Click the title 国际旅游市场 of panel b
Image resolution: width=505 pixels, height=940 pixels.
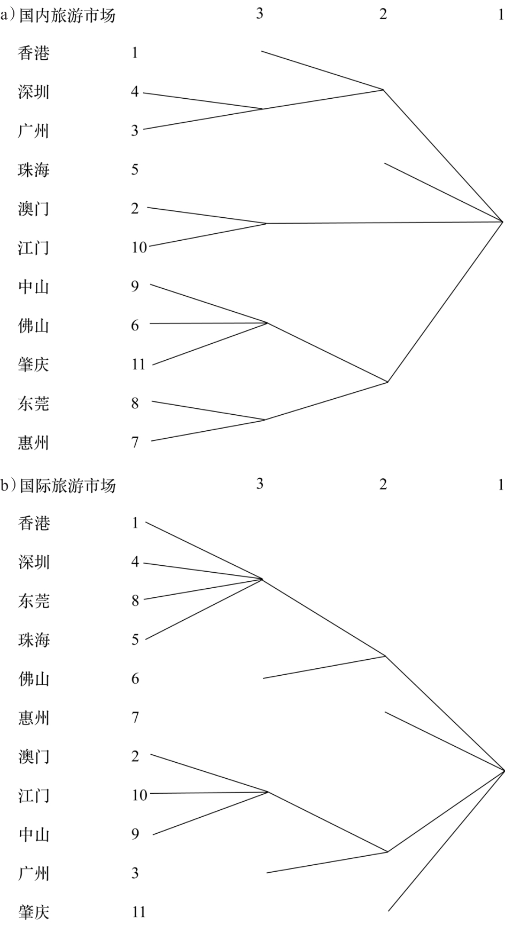pos(67,486)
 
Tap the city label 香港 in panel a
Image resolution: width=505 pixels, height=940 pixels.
pos(34,53)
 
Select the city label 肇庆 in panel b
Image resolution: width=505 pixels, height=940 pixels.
pos(34,912)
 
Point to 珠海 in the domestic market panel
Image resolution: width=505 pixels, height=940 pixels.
pos(34,170)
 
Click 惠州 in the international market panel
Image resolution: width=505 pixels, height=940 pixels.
pos(34,717)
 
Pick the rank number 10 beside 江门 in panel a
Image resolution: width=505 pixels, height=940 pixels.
pos(139,248)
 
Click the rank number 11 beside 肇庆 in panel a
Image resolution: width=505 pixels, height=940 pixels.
pos(138,365)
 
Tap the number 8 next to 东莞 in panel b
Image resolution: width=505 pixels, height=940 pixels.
pos(135,601)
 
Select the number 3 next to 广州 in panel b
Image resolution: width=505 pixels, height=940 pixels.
pos(135,873)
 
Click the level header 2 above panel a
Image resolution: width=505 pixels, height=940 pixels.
pos(383,14)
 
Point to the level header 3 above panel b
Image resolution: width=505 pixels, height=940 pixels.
pos(260,484)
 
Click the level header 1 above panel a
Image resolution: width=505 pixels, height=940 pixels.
pos(501,14)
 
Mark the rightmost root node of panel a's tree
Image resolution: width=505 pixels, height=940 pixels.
pos(502,221)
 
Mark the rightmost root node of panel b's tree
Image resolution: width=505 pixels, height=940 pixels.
pos(503,770)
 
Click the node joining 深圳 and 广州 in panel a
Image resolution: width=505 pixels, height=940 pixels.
pos(262,109)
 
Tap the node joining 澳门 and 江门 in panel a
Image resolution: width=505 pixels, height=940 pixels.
pos(266,223)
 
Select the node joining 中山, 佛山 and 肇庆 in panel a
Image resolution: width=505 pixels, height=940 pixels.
pos(267,322)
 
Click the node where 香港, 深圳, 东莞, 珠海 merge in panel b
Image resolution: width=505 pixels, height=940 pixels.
pos(262,579)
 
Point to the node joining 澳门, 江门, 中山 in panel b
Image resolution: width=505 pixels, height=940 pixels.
pos(268,792)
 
